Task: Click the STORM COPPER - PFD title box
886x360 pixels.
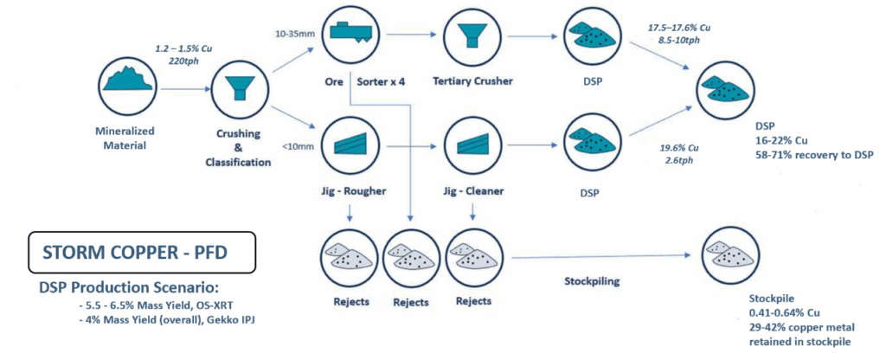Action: tap(141, 254)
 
